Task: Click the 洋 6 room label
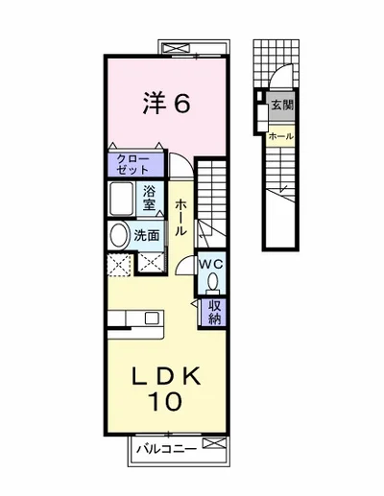click(x=167, y=103)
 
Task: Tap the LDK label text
click(x=167, y=376)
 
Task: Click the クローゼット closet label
click(x=132, y=164)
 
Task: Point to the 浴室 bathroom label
click(x=150, y=199)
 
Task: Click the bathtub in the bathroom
click(x=121, y=199)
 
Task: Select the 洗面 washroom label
click(x=147, y=236)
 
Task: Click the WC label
click(x=211, y=265)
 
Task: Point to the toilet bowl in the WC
click(x=212, y=283)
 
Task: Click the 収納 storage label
click(x=215, y=313)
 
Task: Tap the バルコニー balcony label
click(x=166, y=449)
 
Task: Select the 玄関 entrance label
click(x=282, y=105)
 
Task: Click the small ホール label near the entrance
click(x=281, y=136)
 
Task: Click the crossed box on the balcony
click(x=214, y=443)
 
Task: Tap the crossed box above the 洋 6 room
click(x=176, y=49)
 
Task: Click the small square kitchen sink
click(x=151, y=319)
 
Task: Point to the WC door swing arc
click(x=183, y=263)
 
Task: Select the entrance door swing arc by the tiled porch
click(x=277, y=70)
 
